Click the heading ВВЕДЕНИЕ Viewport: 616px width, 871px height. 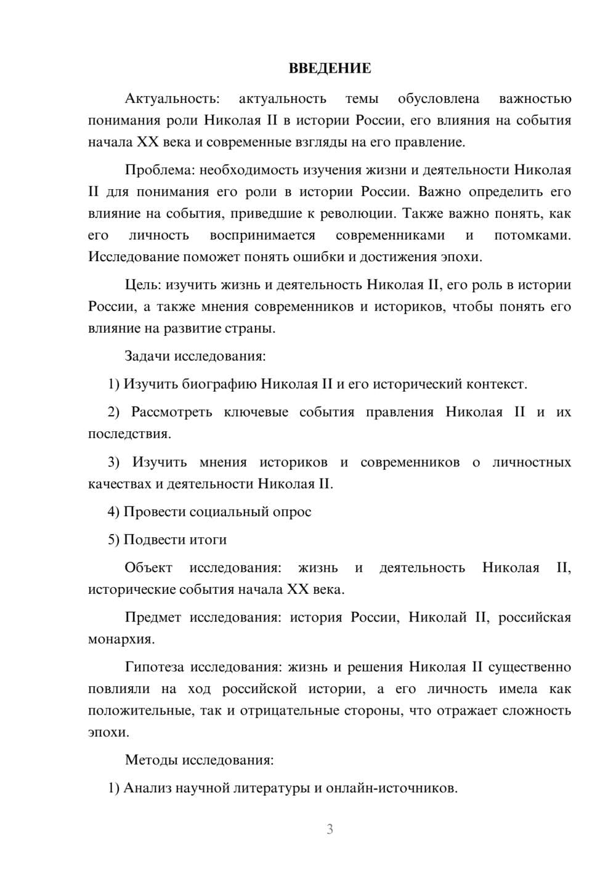[x=330, y=68]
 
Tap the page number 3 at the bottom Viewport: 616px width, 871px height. [x=330, y=829]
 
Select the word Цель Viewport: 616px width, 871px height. [x=143, y=285]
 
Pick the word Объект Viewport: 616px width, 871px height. [x=148, y=568]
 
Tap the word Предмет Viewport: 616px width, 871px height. [x=153, y=618]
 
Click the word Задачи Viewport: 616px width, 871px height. [x=148, y=356]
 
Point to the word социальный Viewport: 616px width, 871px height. [x=228, y=512]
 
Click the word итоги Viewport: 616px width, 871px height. [x=208, y=540]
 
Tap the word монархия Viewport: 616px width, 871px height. [x=121, y=639]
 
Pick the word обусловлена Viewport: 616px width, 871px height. [x=439, y=99]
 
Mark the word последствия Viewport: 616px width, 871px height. [x=129, y=434]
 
